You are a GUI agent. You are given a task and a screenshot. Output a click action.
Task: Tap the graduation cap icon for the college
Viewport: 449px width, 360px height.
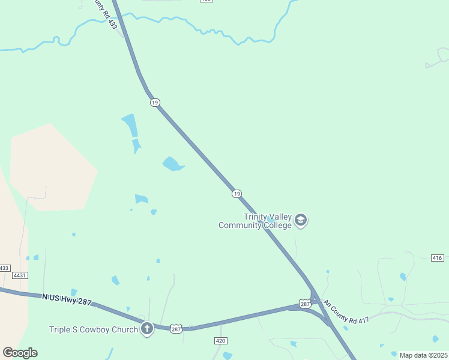tap(301, 221)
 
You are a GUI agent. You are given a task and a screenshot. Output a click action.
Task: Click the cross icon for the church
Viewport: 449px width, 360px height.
tap(147, 329)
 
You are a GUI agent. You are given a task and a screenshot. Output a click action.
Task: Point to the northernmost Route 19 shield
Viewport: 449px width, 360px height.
tap(155, 103)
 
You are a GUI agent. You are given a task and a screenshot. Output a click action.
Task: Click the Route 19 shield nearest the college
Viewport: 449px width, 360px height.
tap(237, 193)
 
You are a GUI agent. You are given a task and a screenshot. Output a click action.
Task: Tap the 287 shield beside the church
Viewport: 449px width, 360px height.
tap(176, 329)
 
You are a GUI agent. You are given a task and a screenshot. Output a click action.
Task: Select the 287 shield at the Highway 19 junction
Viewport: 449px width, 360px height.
tap(306, 304)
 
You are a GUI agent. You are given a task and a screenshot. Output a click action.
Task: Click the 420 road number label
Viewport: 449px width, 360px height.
tap(220, 341)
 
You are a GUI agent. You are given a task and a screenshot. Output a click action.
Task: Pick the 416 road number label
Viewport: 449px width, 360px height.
tap(438, 258)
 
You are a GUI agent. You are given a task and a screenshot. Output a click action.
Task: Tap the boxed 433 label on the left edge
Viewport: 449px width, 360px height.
tap(5, 268)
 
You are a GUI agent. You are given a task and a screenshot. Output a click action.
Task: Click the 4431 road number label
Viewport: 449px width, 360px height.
tap(20, 275)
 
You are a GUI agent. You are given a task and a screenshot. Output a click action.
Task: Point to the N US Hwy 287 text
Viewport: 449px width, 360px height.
tap(67, 299)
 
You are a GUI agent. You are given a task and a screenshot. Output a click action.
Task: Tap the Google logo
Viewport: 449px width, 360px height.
tap(20, 353)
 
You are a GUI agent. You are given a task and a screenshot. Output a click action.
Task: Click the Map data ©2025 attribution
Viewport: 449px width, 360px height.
tap(423, 355)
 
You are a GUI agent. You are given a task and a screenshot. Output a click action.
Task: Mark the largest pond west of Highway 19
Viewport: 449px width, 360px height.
tap(172, 163)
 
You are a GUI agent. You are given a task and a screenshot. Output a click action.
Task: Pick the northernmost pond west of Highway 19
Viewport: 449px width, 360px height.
tap(130, 125)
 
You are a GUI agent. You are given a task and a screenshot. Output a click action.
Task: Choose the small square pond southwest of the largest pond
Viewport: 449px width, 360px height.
tap(141, 199)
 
